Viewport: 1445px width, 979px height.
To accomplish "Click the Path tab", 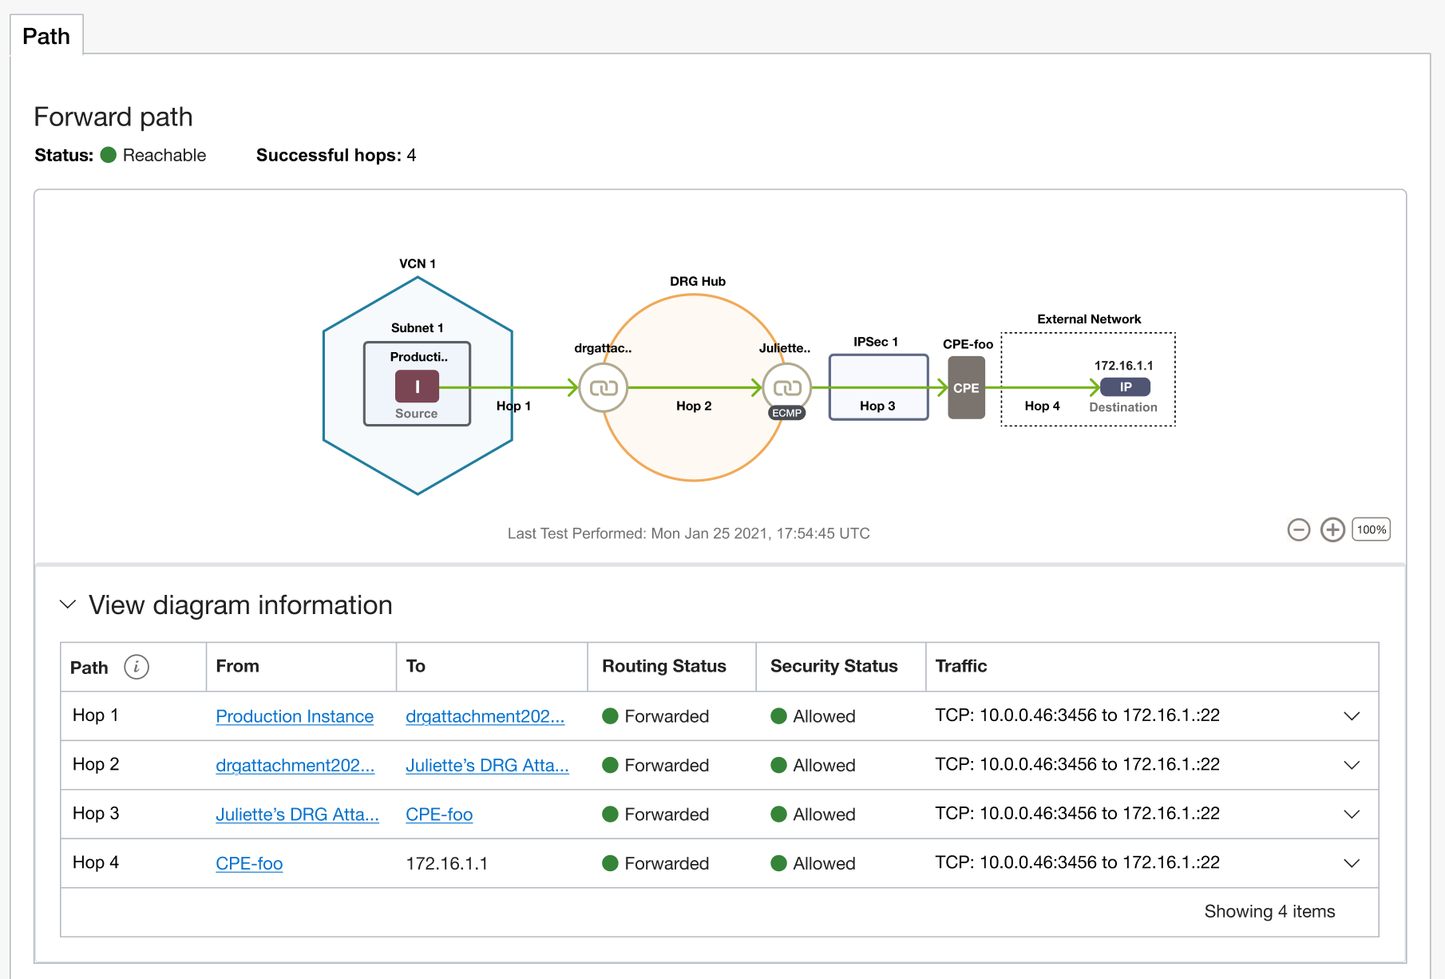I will (46, 36).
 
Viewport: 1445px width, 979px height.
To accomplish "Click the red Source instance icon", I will (417, 386).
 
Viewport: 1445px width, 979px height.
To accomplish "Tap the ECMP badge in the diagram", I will (786, 413).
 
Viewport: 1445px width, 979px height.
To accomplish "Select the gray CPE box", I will (966, 388).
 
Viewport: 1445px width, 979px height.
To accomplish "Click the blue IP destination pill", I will (1125, 387).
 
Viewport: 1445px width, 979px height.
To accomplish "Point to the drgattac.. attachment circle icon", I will (604, 388).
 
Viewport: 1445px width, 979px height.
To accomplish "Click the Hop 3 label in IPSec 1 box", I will (877, 406).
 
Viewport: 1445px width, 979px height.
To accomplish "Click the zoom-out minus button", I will (1299, 529).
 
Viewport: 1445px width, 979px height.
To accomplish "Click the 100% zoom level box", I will (1371, 529).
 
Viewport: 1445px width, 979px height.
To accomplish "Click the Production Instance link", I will (295, 716).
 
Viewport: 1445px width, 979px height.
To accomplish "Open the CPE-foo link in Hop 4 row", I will (249, 863).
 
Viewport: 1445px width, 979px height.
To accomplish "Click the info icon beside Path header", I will (137, 667).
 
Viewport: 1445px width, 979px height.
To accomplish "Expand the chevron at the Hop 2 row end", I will (1352, 765).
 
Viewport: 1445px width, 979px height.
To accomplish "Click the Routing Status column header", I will (663, 666).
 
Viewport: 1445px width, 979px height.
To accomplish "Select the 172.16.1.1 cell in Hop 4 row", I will (446, 863).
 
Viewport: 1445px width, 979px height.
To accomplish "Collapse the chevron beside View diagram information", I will (68, 604).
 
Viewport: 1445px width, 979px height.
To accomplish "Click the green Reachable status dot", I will (109, 155).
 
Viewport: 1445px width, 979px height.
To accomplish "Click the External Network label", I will (1089, 319).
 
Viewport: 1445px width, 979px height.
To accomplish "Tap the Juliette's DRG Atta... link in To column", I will (487, 765).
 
